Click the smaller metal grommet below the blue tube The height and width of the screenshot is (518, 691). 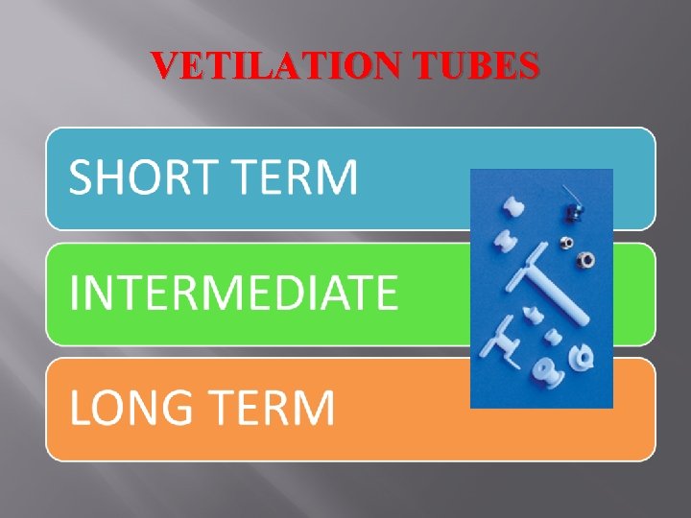pyautogui.click(x=566, y=243)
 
